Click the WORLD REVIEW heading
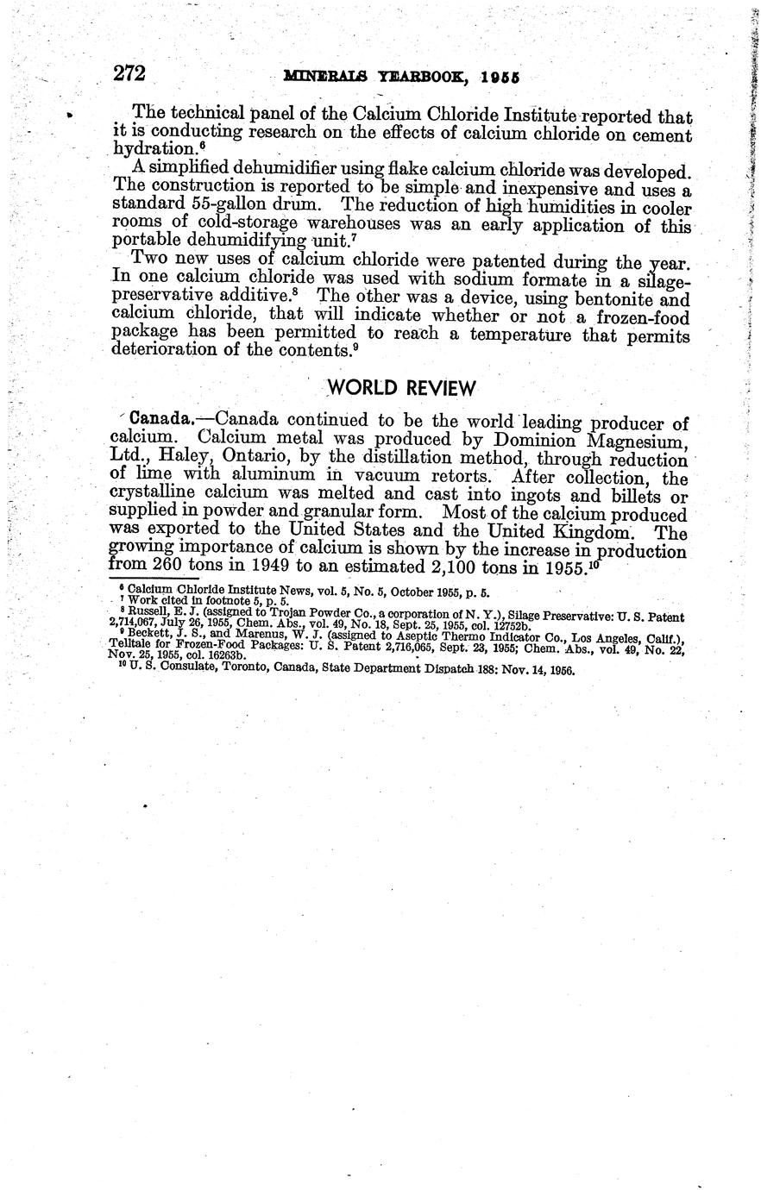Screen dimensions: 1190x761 tap(401, 387)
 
